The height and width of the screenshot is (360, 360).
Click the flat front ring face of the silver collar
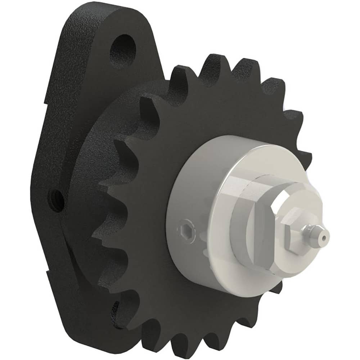[x=223, y=252]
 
